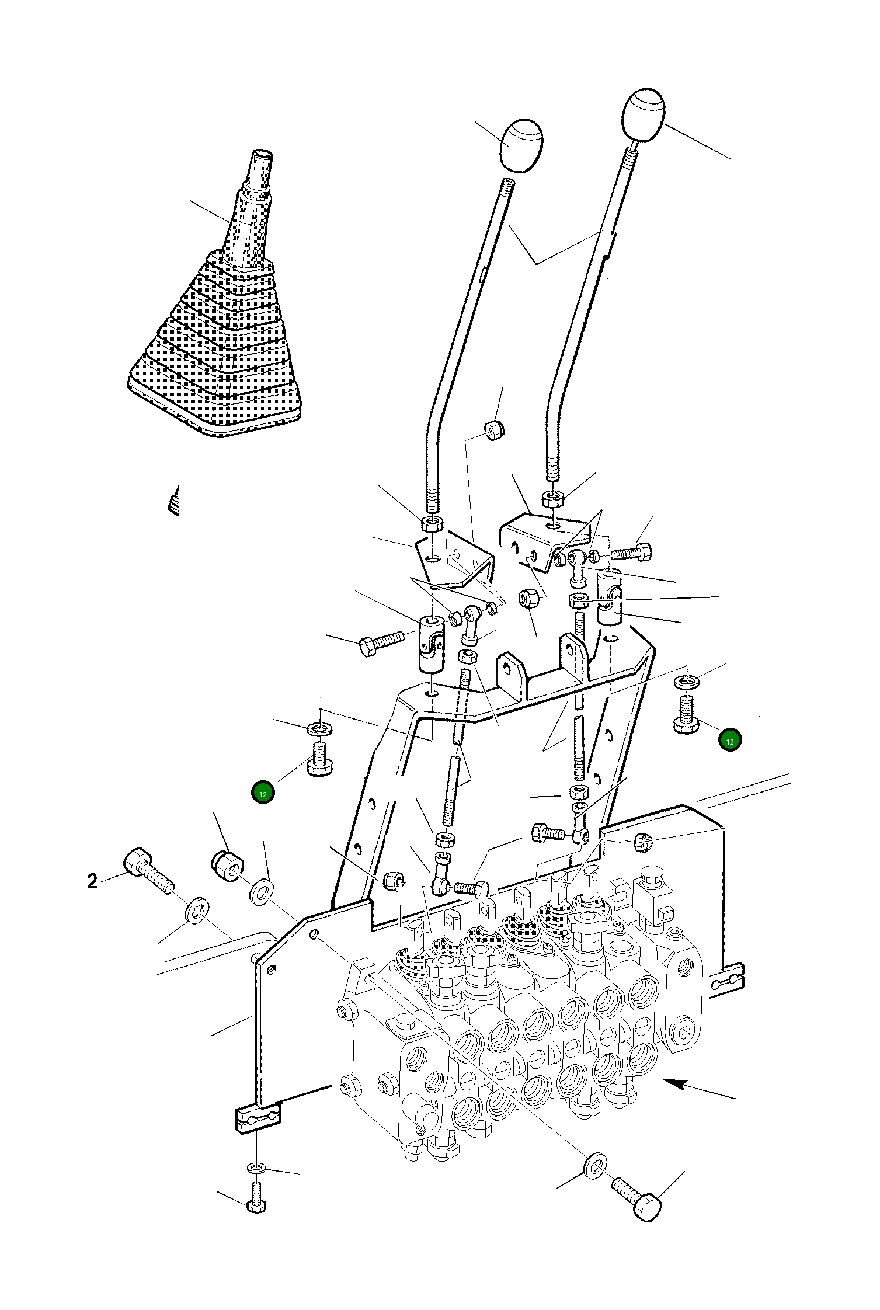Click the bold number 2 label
[x=92, y=881]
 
